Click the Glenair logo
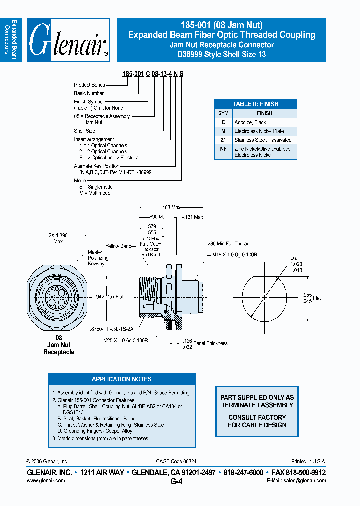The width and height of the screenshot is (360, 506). tap(68, 40)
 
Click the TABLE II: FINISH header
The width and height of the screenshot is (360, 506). tap(255, 104)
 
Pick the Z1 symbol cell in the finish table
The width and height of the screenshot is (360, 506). tap(223, 140)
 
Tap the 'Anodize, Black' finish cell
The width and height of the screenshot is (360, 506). tap(250, 122)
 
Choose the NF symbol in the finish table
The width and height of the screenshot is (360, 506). tap(223, 149)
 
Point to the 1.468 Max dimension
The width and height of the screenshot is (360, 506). tap(169, 207)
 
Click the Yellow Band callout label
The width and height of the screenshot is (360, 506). tap(118, 246)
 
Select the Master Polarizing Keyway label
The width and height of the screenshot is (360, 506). tap(98, 258)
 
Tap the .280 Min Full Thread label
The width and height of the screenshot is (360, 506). tap(228, 244)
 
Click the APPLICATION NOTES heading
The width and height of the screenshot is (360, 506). tap(122, 379)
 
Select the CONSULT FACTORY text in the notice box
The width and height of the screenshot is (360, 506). tap(257, 417)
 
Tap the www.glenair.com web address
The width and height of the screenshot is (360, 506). tap(45, 480)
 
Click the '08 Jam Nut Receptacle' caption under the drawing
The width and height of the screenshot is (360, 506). tap(59, 345)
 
